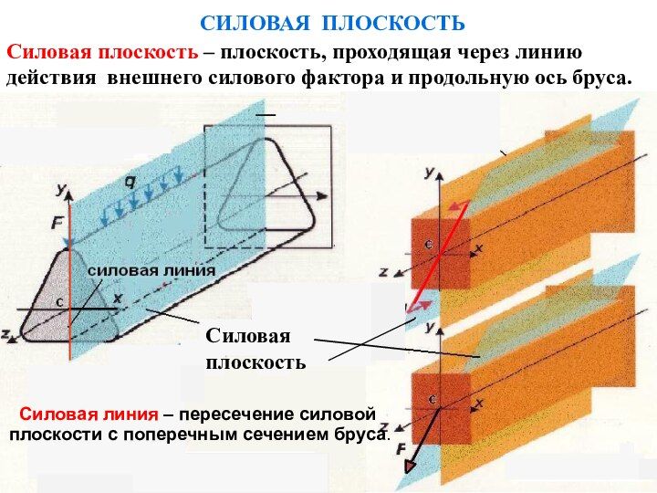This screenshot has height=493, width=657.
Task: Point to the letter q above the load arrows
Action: (130, 182)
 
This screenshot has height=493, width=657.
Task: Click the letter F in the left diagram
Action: (57, 221)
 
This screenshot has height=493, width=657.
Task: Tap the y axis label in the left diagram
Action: (61, 189)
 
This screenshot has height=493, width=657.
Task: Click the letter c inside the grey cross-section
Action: (58, 301)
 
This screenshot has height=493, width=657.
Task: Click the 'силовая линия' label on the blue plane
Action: (151, 270)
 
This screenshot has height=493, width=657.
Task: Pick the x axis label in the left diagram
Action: (117, 298)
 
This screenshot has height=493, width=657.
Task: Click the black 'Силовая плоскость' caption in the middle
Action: (255, 349)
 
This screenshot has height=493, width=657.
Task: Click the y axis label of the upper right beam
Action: (429, 171)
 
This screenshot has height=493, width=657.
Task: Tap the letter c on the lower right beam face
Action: (431, 400)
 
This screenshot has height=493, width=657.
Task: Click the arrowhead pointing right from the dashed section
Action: (323, 195)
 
